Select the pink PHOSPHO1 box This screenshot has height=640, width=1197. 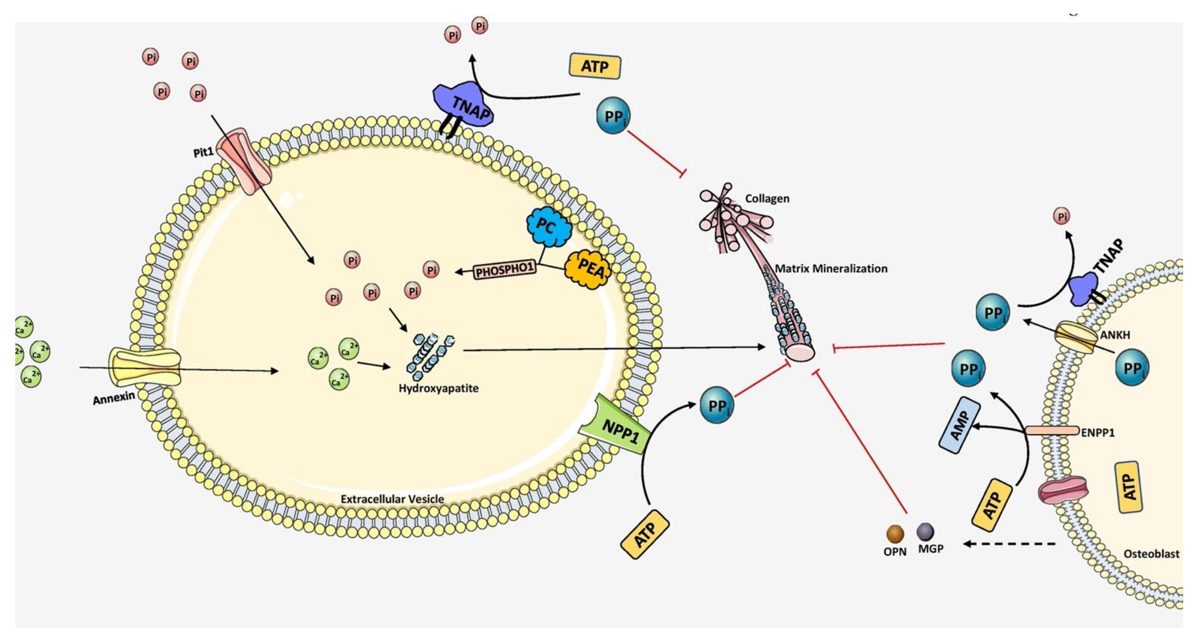point(504,270)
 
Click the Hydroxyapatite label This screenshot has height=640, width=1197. point(438,388)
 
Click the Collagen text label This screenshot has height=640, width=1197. point(767,198)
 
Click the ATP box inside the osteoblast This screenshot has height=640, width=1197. point(1128,487)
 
